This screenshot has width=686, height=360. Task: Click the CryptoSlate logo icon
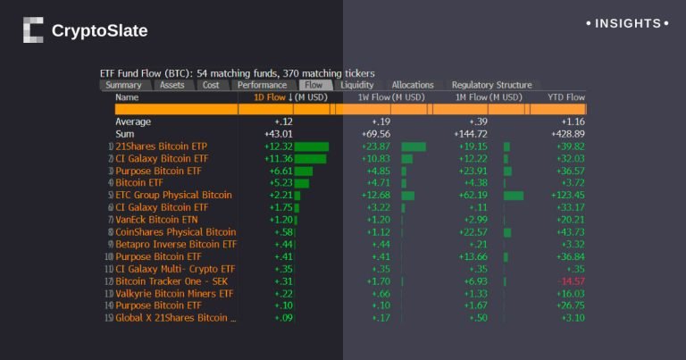(33, 30)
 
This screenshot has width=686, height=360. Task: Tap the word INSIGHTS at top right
(628, 23)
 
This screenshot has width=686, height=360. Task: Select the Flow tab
(314, 85)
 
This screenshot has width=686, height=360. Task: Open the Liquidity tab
(357, 85)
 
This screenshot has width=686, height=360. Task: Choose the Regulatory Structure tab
(491, 85)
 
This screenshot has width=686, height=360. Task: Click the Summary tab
(123, 85)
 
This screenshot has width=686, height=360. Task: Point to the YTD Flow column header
(565, 96)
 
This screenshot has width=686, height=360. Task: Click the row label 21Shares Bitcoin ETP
(162, 146)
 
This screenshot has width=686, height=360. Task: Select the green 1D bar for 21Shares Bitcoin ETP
(312, 146)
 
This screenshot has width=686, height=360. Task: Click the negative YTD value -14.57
(569, 280)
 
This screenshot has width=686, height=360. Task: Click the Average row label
(133, 121)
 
